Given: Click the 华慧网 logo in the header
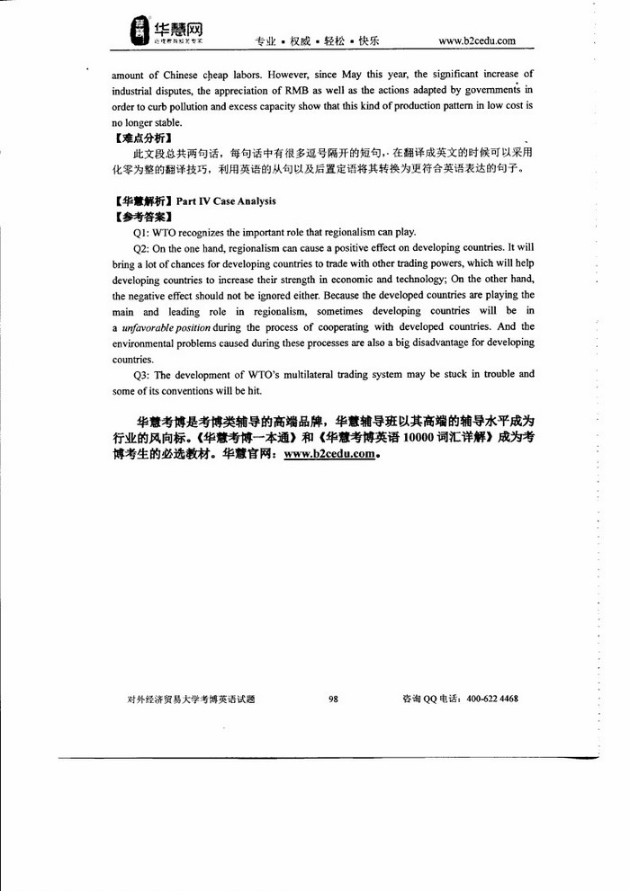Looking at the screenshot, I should (168, 33).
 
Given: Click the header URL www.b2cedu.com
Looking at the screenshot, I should (476, 40).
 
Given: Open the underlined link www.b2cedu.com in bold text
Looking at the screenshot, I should (328, 454).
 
